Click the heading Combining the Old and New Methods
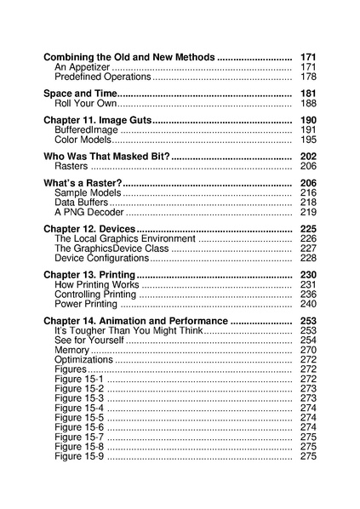pos(129,55)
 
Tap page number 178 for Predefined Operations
pos(308,77)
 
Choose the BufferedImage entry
pos(85,129)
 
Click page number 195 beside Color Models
pos(308,140)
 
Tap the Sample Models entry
pos(88,193)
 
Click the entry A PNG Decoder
pos(89,213)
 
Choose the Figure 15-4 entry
pos(79,408)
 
